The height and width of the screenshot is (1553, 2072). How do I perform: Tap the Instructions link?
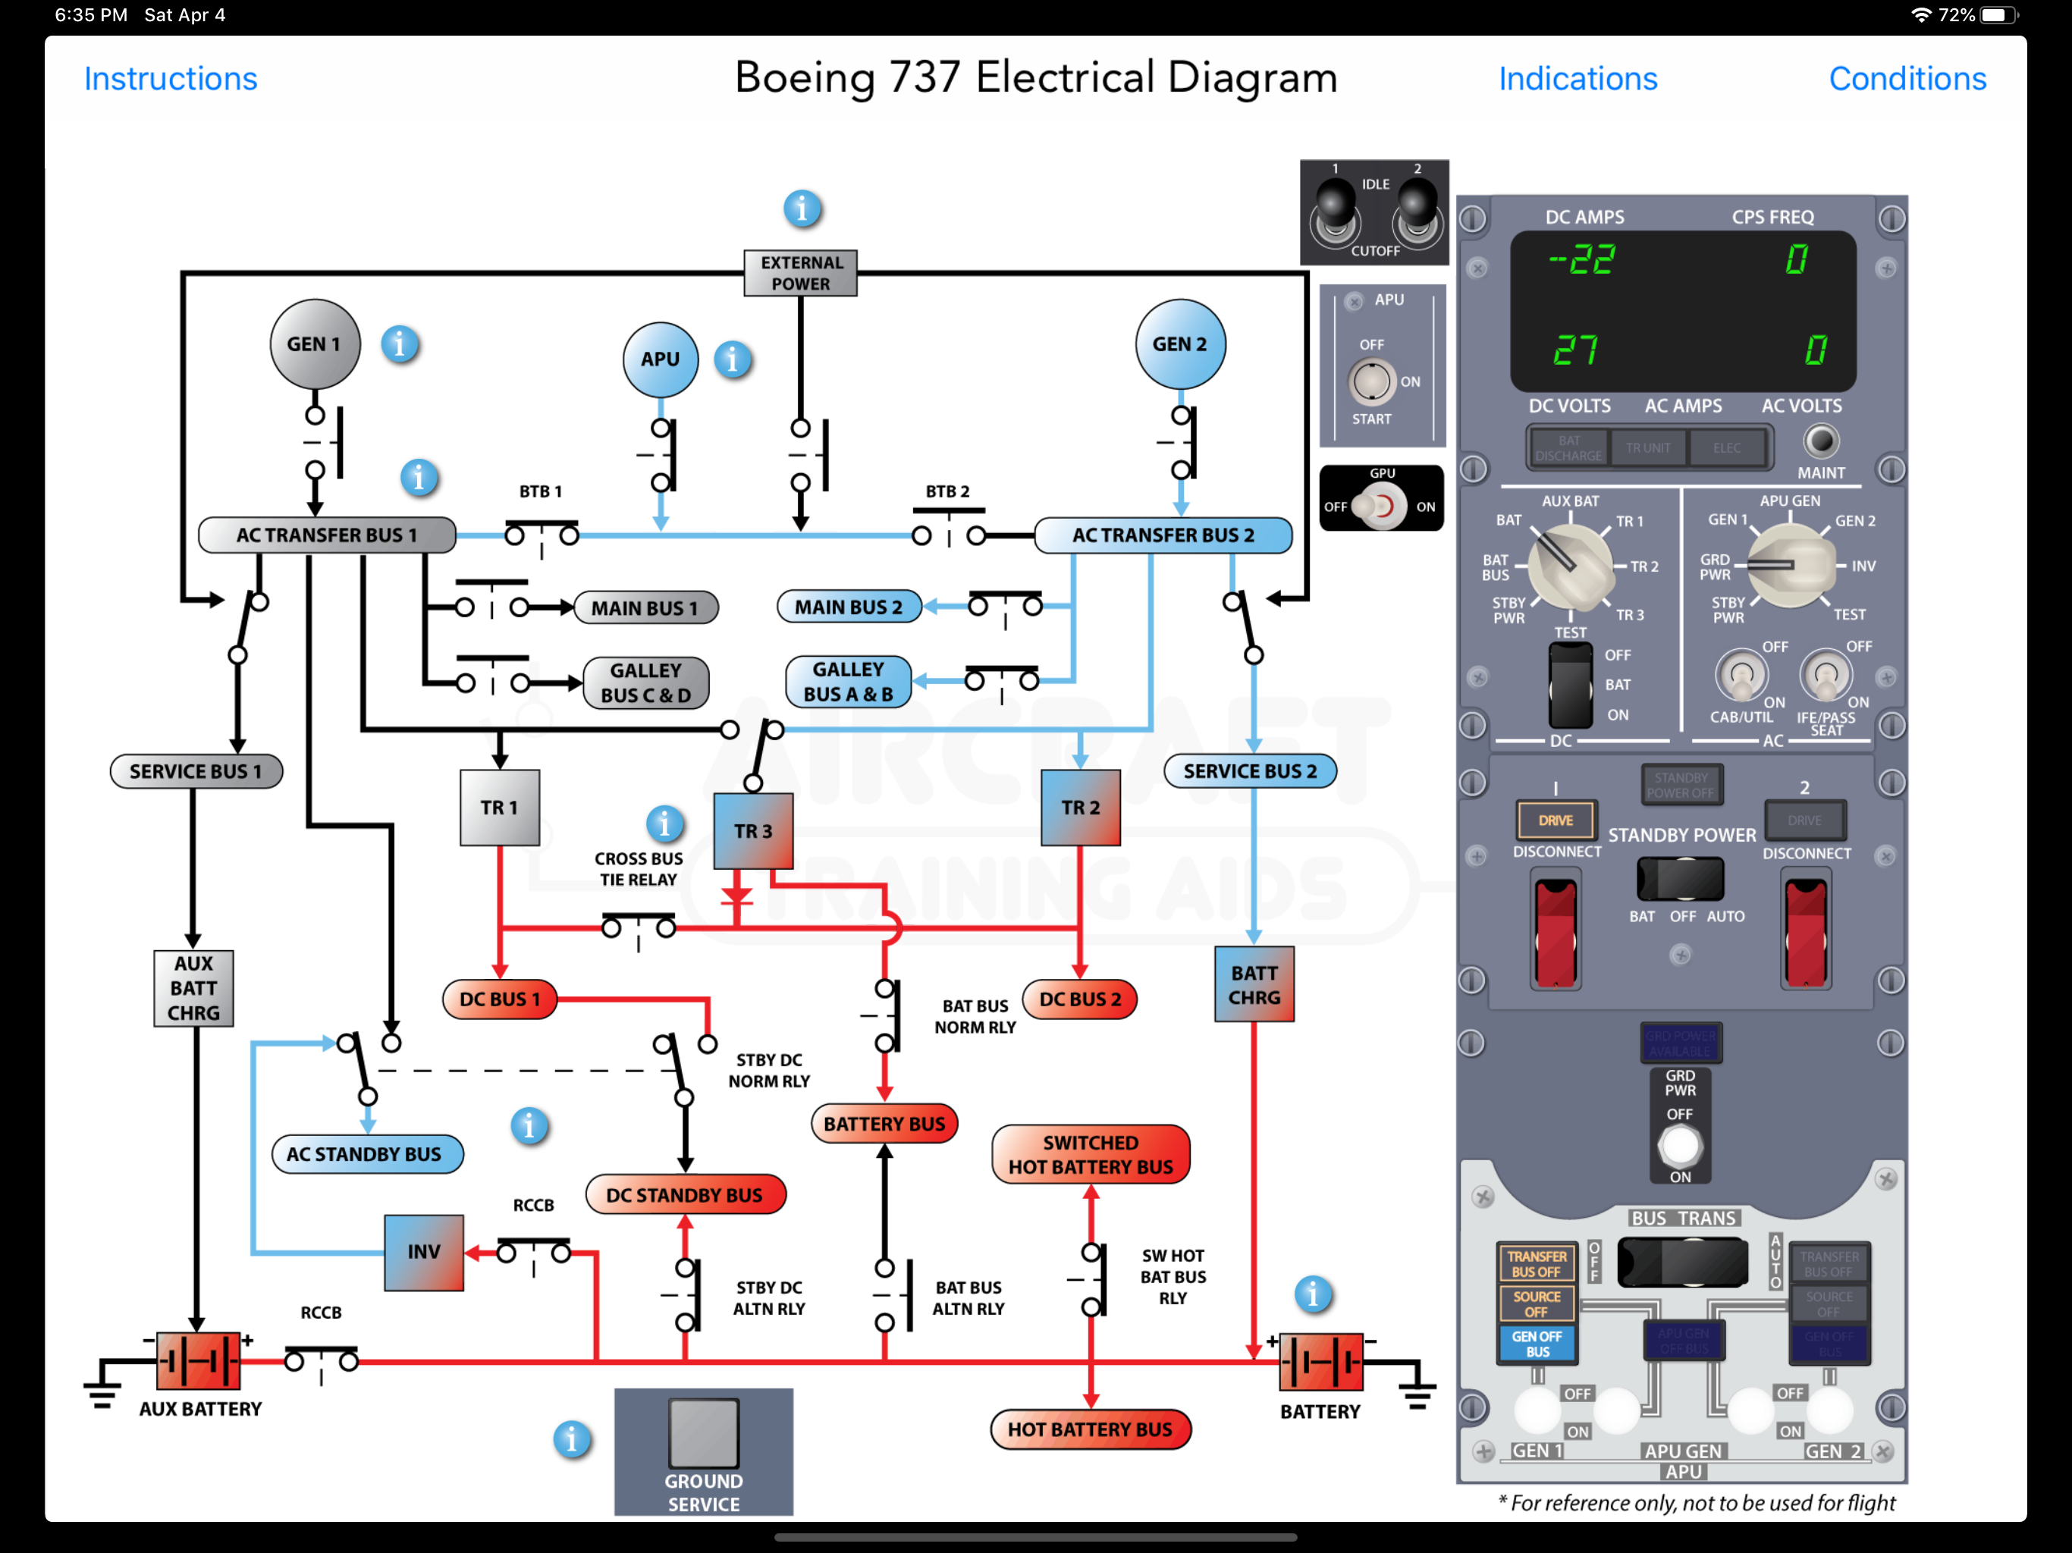pyautogui.click(x=171, y=79)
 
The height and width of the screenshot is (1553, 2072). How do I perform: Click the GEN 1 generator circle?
pyautogui.click(x=315, y=344)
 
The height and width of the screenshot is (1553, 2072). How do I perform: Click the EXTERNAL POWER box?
pyautogui.click(x=800, y=272)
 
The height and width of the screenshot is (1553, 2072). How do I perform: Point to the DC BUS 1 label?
pyautogui.click(x=499, y=999)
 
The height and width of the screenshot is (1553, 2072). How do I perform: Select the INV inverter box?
pyautogui.click(x=423, y=1251)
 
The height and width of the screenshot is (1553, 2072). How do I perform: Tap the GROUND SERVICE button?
pyautogui.click(x=704, y=1433)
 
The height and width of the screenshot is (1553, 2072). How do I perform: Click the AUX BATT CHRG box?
pyautogui.click(x=193, y=988)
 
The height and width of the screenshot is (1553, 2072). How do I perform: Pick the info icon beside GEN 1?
pyautogui.click(x=399, y=345)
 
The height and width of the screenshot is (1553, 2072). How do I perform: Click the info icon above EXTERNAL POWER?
pyautogui.click(x=802, y=208)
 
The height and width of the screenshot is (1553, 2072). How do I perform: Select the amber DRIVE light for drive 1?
pyautogui.click(x=1555, y=820)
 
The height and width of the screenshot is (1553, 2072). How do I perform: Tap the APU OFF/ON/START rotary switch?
pyautogui.click(x=1371, y=382)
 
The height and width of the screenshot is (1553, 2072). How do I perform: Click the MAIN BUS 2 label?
pyautogui.click(x=849, y=607)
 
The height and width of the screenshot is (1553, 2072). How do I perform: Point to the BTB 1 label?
pyautogui.click(x=541, y=491)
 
